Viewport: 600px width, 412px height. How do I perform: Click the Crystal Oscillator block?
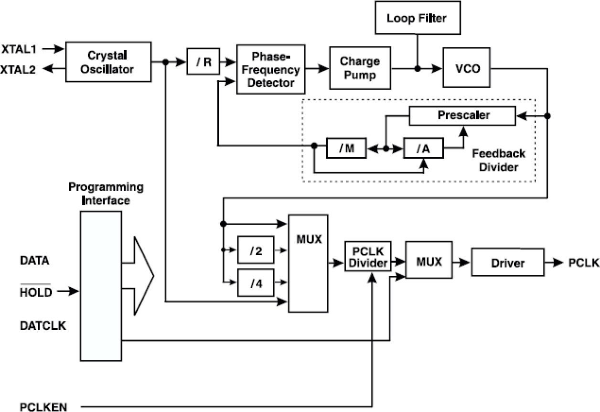[107, 62]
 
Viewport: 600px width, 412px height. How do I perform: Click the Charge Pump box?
[360, 68]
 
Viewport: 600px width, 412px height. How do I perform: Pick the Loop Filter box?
[417, 19]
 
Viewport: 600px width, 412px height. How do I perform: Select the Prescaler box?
[461, 116]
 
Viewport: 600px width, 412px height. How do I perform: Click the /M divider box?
[346, 148]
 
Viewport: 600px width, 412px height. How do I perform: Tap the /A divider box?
[423, 148]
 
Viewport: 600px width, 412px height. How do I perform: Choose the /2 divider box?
[256, 250]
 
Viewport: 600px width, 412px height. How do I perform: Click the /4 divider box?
[256, 283]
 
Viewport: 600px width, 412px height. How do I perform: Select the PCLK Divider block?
[367, 256]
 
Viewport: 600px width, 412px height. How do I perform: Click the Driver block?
[507, 262]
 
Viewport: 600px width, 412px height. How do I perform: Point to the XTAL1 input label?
[22, 49]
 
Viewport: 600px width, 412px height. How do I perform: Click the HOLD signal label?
[35, 292]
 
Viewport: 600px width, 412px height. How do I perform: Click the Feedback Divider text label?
[498, 161]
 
